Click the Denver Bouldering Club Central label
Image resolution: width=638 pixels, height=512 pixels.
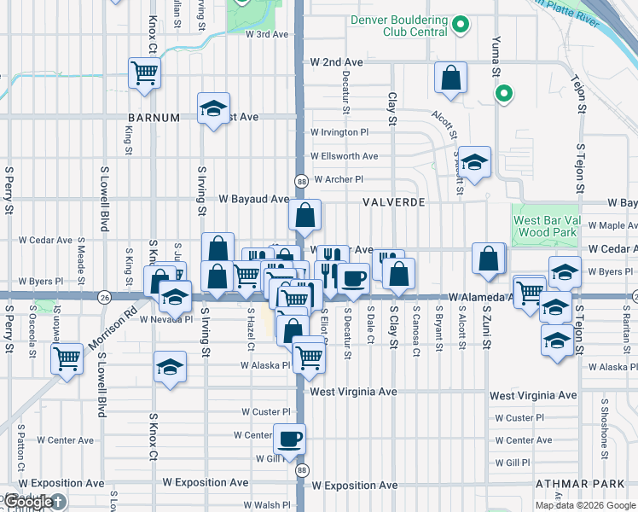(x=399, y=26)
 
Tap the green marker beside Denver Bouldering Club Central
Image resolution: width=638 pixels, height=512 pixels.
(x=461, y=25)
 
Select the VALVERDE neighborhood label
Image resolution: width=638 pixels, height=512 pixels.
(x=393, y=202)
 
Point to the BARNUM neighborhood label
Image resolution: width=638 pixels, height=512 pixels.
(x=154, y=117)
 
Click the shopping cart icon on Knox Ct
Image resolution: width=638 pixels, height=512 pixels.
(x=143, y=73)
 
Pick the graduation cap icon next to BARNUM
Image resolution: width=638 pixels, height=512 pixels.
(x=212, y=108)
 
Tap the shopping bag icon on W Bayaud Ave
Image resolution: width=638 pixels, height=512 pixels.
(x=304, y=217)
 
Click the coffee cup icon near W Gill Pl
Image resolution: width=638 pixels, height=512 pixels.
(x=288, y=439)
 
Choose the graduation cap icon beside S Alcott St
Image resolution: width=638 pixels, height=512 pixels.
(x=476, y=160)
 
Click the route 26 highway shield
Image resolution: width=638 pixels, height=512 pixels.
(x=104, y=297)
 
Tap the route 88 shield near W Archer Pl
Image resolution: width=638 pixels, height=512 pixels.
(x=301, y=181)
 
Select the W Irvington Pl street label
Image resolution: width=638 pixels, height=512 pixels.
(x=339, y=133)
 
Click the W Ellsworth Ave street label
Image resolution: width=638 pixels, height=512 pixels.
(x=345, y=156)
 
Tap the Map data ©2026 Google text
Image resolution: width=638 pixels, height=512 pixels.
(x=584, y=505)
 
